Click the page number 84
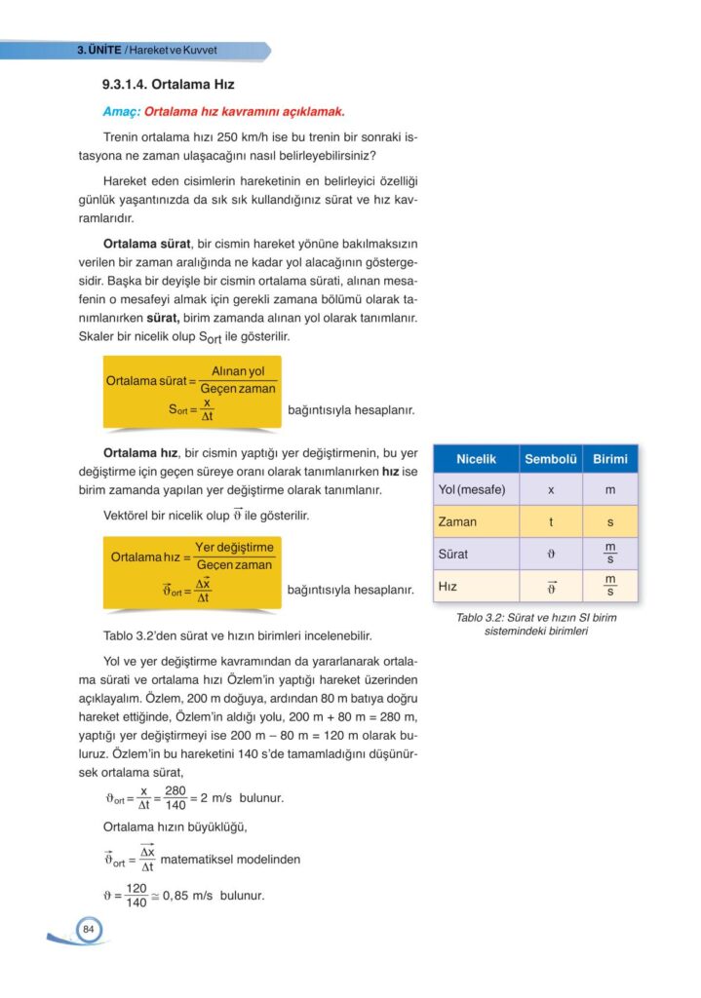(x=88, y=930)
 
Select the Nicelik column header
(x=477, y=459)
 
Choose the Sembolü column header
(x=551, y=459)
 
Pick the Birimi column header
(x=609, y=459)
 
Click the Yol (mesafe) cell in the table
(x=472, y=489)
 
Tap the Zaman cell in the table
(x=458, y=521)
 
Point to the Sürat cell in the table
(x=453, y=554)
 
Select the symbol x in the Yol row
(x=551, y=489)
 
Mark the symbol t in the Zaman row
(x=551, y=521)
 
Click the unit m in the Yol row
(x=610, y=489)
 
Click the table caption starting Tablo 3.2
(x=535, y=624)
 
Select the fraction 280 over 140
(x=175, y=797)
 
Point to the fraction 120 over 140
(x=136, y=895)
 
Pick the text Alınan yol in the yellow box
(x=238, y=371)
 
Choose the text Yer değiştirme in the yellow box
(x=234, y=548)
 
